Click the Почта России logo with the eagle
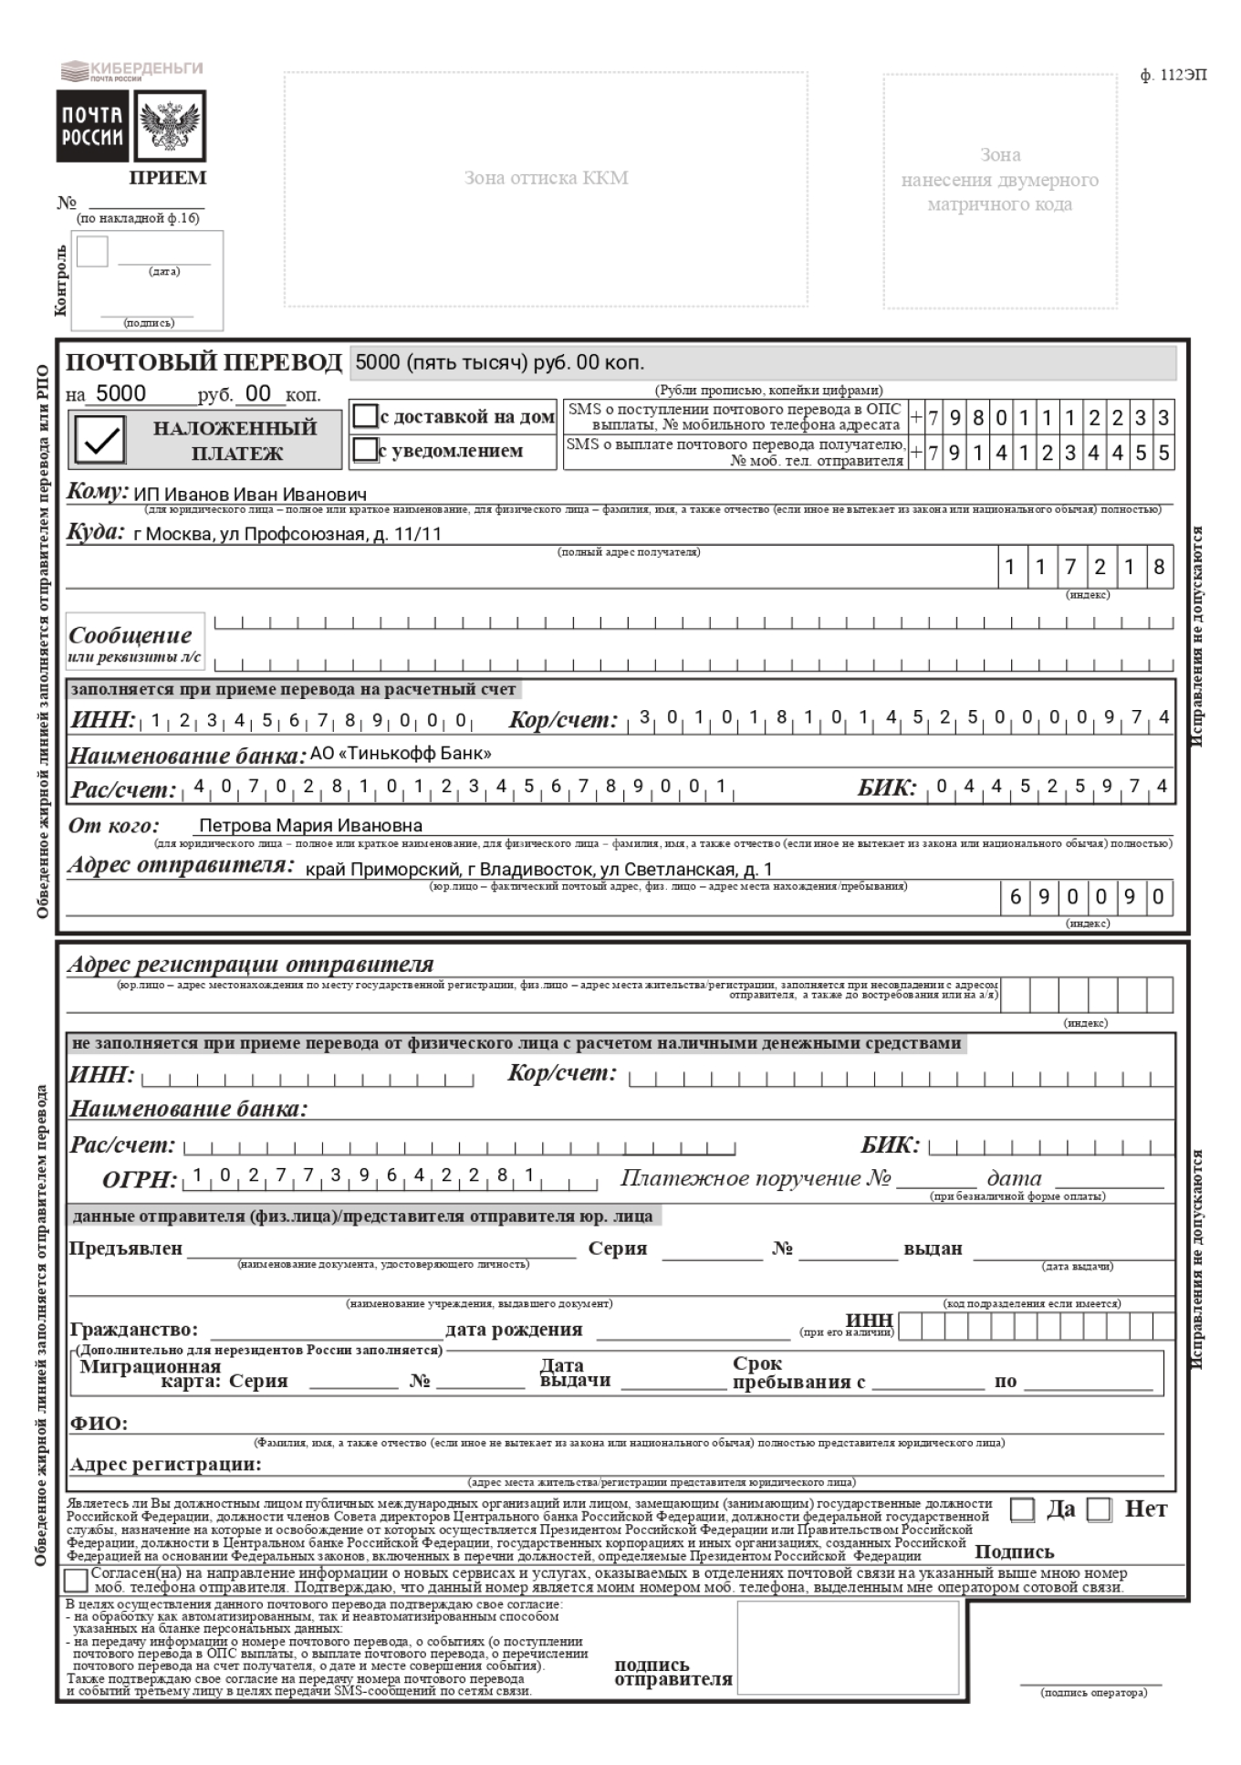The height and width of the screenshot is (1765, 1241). coord(131,126)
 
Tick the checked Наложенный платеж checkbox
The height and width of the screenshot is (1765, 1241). coord(100,440)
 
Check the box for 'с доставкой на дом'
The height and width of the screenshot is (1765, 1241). coord(365,416)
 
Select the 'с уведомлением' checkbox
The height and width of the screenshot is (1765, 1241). coord(365,450)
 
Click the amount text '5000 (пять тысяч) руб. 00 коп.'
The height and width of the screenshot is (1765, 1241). coord(499,362)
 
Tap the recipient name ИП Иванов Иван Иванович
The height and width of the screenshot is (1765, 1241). coord(250,495)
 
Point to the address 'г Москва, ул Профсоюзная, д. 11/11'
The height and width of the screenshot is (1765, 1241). coord(287,534)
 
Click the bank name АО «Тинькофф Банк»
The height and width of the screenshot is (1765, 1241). coord(401,754)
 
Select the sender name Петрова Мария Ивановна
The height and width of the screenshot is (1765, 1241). coord(310,826)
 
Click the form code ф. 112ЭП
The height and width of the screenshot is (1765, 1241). coord(1173,76)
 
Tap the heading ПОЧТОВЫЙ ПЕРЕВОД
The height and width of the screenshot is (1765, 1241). coord(203,362)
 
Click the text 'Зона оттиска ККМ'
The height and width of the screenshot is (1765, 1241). coord(546,178)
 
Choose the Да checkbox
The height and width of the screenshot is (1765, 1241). coord(1022,1510)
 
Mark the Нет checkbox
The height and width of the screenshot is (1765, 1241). coord(1100,1510)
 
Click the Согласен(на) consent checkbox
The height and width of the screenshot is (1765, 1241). coord(77,1580)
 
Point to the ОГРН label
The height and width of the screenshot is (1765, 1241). coord(139,1180)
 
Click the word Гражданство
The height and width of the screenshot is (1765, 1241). coord(133,1330)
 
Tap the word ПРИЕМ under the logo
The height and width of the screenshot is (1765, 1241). coord(167,178)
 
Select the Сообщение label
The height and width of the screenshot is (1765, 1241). coord(130,635)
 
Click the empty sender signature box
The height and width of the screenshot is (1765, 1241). coord(848,1646)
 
